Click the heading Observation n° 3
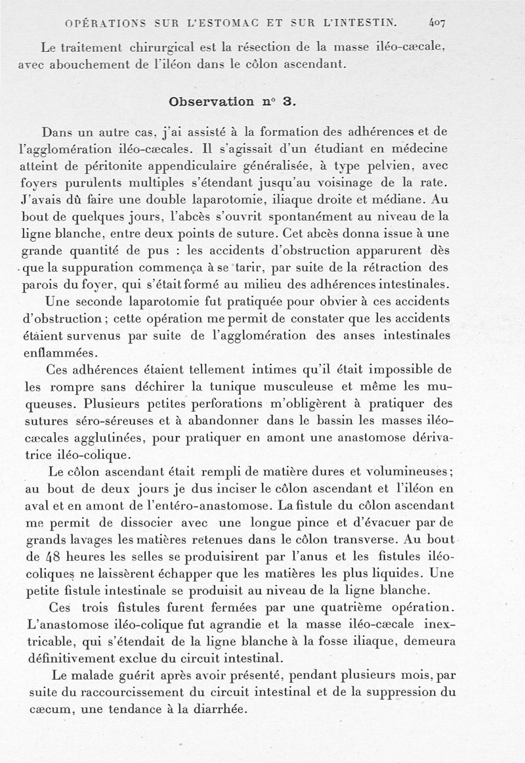[x=233, y=102]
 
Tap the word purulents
[x=90, y=183]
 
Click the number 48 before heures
[x=53, y=557]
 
